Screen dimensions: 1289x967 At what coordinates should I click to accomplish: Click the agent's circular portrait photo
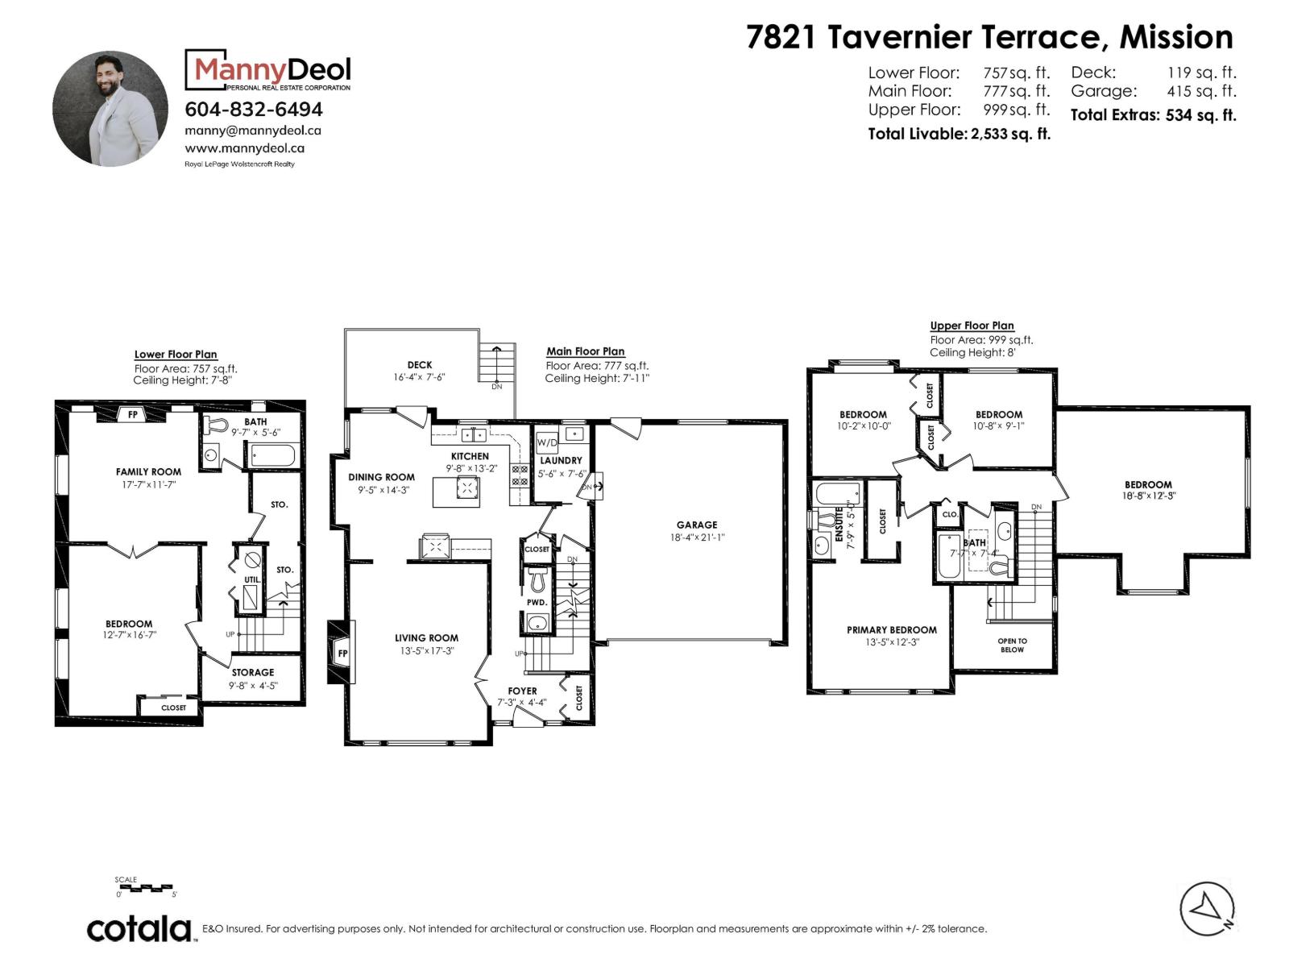click(110, 109)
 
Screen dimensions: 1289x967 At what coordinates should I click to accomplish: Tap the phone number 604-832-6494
click(254, 110)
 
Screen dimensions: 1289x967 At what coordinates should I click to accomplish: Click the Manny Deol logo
click(267, 70)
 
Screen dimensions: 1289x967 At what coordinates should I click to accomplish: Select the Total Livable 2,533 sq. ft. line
click(959, 134)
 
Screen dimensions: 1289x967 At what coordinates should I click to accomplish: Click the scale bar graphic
click(145, 887)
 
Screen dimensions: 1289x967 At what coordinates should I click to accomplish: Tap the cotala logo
click(139, 929)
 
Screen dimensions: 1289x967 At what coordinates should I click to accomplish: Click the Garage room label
click(697, 525)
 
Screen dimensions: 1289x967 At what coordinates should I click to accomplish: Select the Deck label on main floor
click(419, 364)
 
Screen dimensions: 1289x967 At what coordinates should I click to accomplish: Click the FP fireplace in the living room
click(342, 652)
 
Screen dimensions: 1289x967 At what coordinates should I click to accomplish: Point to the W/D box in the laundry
click(547, 442)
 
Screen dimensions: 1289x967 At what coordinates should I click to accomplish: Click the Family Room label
click(148, 471)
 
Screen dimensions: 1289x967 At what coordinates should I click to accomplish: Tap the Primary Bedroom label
click(892, 630)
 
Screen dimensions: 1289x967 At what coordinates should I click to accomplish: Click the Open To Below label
click(1013, 645)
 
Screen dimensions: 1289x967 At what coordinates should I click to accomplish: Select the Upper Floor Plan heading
click(972, 326)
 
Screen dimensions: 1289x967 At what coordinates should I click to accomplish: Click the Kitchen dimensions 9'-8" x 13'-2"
click(471, 468)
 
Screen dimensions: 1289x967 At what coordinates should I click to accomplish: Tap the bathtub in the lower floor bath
click(272, 455)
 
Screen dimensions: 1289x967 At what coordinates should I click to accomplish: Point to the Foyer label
click(522, 691)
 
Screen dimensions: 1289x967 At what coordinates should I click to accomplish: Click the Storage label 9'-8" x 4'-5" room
click(252, 672)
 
